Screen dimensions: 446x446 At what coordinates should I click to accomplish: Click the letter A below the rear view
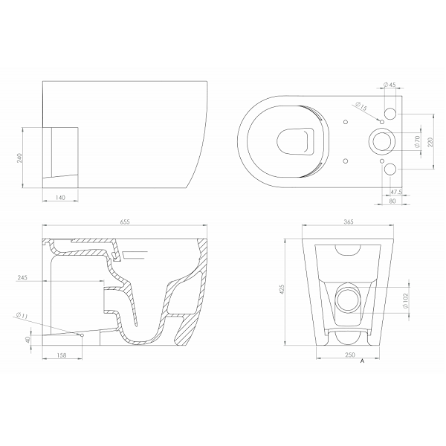pos(362,363)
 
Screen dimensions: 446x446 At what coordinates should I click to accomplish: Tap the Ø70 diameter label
pos(417,141)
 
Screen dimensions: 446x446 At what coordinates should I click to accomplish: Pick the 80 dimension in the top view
pos(393,200)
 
